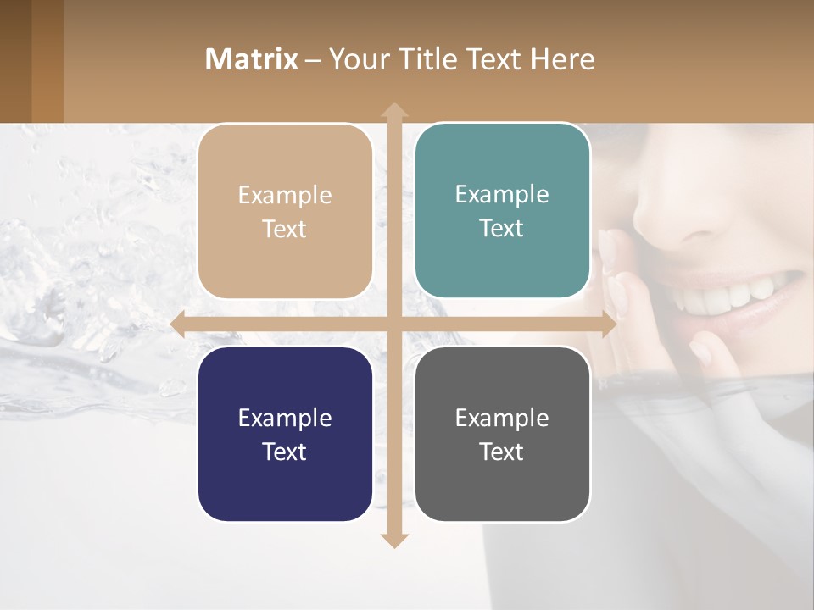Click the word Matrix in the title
(x=252, y=59)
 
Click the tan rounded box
(x=285, y=212)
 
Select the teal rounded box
(x=502, y=211)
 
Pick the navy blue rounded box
(x=285, y=434)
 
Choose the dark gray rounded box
(x=502, y=434)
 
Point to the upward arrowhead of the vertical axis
(x=393, y=110)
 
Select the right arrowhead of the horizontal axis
(x=608, y=324)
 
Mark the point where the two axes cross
(x=393, y=324)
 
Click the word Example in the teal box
(x=502, y=194)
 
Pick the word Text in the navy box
(x=285, y=452)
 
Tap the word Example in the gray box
(x=502, y=418)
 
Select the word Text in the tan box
(x=285, y=230)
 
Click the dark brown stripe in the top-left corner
(x=15, y=61)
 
